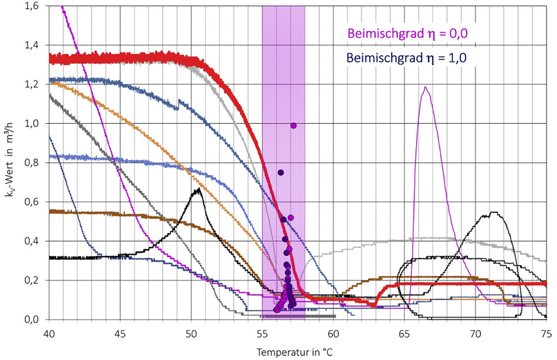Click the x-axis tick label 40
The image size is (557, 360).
pyautogui.click(x=49, y=333)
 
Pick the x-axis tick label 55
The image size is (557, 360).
pyautogui.click(x=263, y=333)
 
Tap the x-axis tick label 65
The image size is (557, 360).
pyautogui.click(x=404, y=333)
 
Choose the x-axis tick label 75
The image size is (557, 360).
pyautogui.click(x=547, y=333)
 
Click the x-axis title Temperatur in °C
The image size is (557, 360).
pyautogui.click(x=296, y=352)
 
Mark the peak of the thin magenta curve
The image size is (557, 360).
pyautogui.click(x=425, y=87)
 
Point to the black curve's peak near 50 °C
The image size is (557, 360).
pyautogui.click(x=199, y=189)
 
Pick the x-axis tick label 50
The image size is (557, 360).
pyautogui.click(x=191, y=333)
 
